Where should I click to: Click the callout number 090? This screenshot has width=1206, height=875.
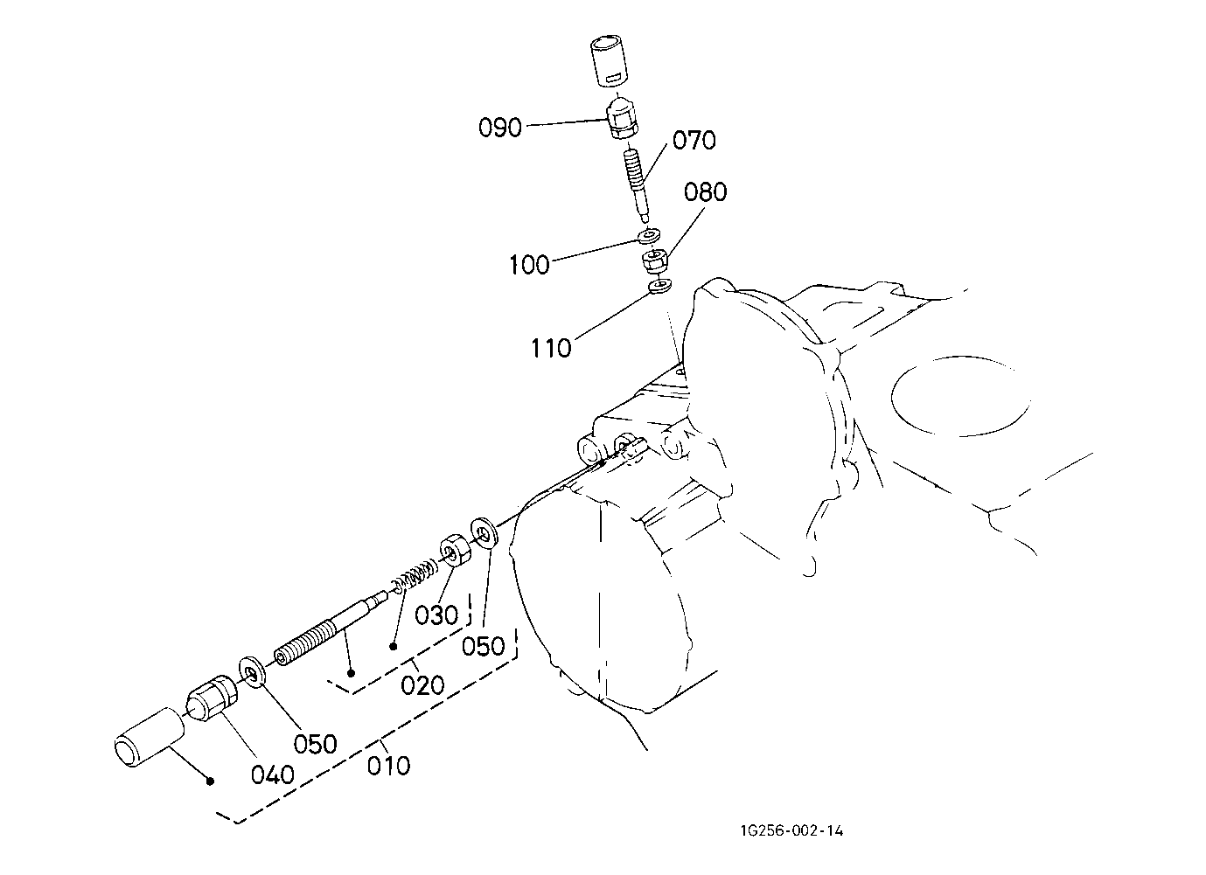500,128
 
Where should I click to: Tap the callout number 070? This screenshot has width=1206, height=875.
694,140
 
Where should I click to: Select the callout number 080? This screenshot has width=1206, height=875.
705,191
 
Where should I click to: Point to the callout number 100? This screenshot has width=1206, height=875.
529,265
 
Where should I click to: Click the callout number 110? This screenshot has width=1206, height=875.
551,348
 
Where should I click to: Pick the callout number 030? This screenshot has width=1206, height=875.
436,615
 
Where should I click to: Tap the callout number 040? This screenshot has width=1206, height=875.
273,774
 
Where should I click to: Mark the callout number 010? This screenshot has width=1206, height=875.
388,765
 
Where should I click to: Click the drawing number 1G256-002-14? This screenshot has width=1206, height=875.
792,831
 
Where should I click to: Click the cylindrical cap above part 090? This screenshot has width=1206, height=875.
609,61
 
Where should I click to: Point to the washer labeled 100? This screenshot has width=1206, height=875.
649,236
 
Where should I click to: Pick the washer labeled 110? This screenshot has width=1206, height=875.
660,286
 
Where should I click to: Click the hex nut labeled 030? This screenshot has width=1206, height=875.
456,550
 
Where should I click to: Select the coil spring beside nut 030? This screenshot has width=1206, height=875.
413,576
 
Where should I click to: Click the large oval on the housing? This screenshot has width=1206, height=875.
960,396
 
